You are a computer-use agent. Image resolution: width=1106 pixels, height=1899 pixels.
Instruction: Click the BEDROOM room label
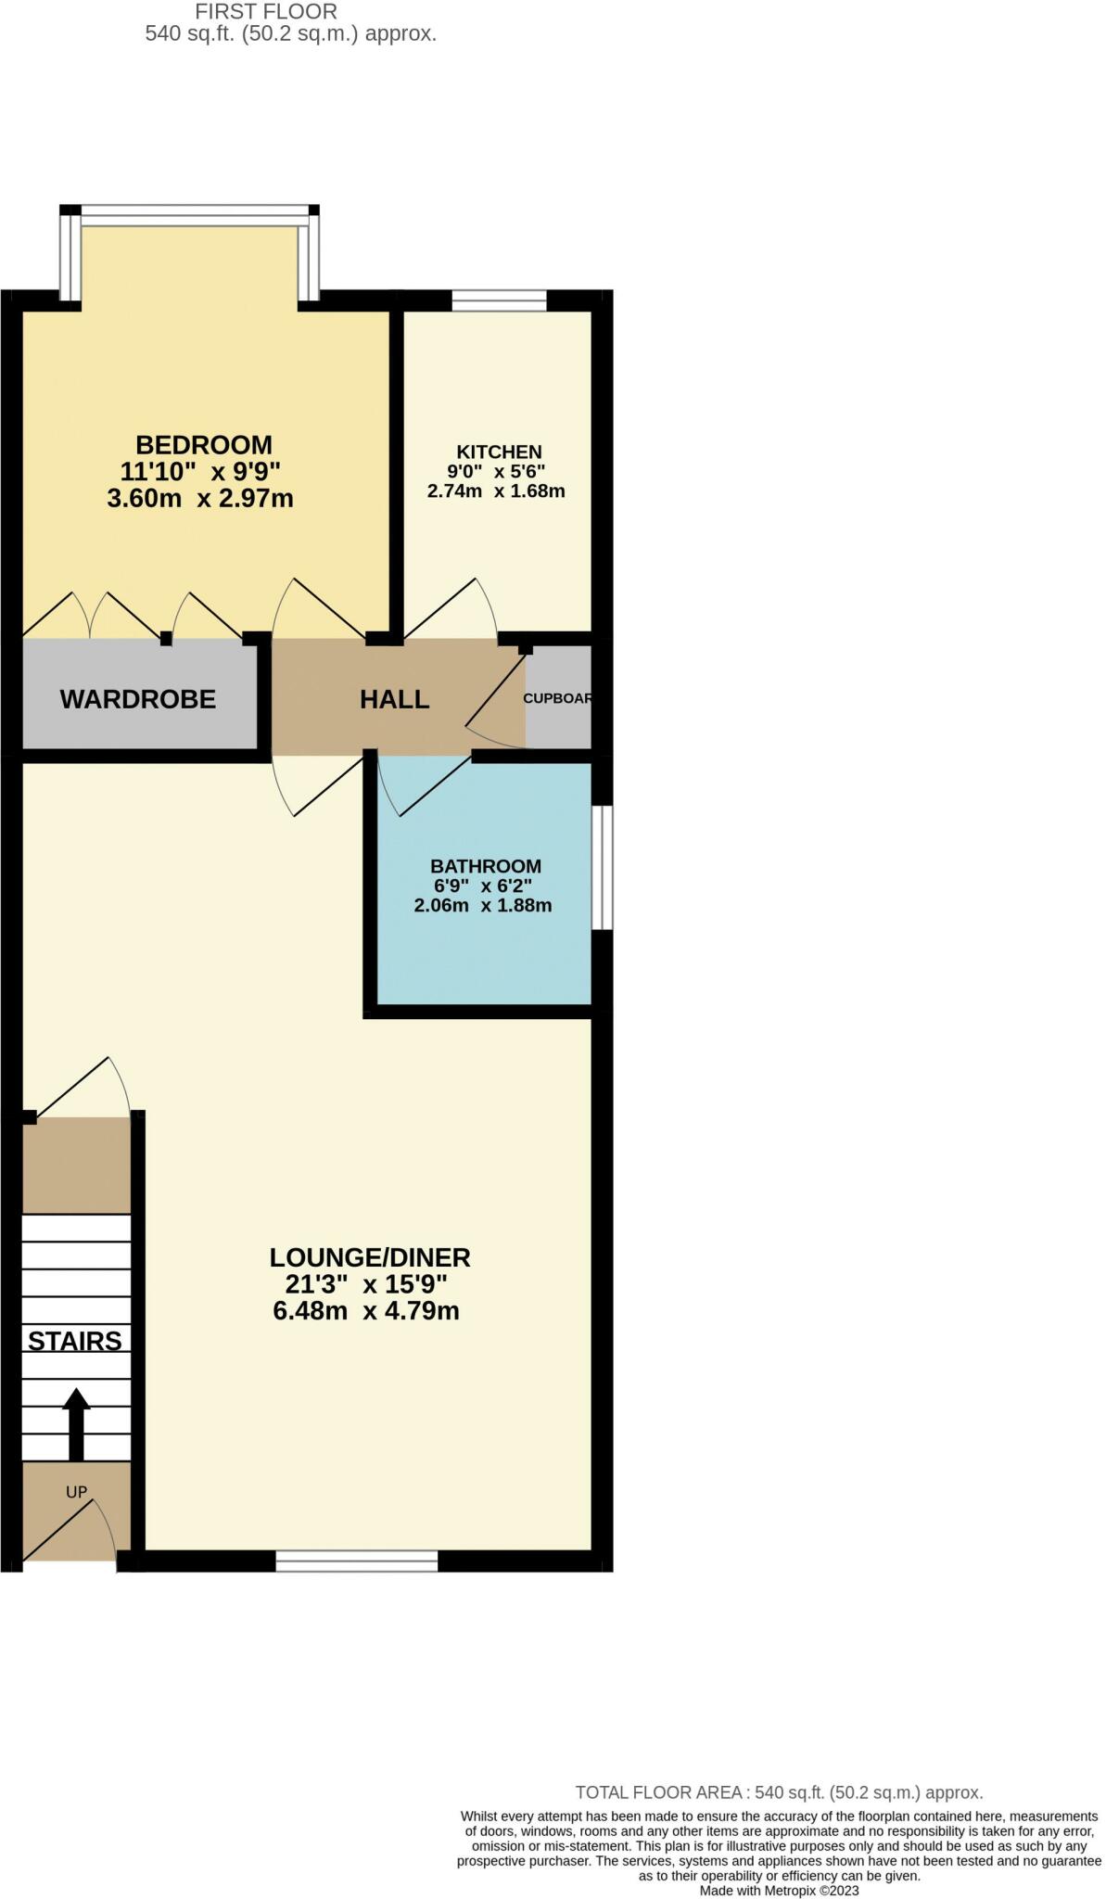coord(204,445)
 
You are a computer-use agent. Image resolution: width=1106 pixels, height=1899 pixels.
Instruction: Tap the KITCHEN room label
coord(499,452)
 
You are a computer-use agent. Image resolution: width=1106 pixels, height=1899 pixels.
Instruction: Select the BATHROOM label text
coord(486,866)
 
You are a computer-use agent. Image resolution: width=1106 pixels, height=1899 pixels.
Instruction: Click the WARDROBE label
coord(138,699)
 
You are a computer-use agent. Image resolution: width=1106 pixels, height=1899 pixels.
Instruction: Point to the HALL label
coord(395,699)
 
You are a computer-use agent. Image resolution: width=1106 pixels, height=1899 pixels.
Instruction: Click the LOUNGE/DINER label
coord(370,1257)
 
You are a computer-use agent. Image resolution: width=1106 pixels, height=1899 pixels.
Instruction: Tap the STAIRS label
coord(75,1341)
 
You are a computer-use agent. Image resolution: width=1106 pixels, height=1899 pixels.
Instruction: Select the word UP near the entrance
coord(76,1492)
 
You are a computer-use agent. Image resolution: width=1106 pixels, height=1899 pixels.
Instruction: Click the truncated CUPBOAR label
coord(557,698)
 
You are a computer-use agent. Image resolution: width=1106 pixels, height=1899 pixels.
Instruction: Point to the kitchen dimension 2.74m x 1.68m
coord(496,491)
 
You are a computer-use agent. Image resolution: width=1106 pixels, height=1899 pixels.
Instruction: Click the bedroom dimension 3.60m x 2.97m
coord(200,499)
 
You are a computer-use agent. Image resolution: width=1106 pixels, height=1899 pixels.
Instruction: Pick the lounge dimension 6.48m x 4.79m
coord(366,1311)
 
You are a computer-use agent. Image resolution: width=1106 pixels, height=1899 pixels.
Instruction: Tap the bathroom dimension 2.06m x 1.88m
coord(483,906)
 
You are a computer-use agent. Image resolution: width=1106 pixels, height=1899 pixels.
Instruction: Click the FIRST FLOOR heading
coord(266,12)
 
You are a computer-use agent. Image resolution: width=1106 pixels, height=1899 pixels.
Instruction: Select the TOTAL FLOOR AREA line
coord(779,1792)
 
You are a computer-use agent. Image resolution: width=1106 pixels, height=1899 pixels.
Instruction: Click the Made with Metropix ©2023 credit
coord(779,1890)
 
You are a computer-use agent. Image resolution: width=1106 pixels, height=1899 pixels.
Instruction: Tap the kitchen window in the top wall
coord(499,300)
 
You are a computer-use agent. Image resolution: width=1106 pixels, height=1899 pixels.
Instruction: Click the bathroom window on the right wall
coord(603,867)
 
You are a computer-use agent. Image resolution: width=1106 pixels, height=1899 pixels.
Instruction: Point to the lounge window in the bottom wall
coord(357,1561)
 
